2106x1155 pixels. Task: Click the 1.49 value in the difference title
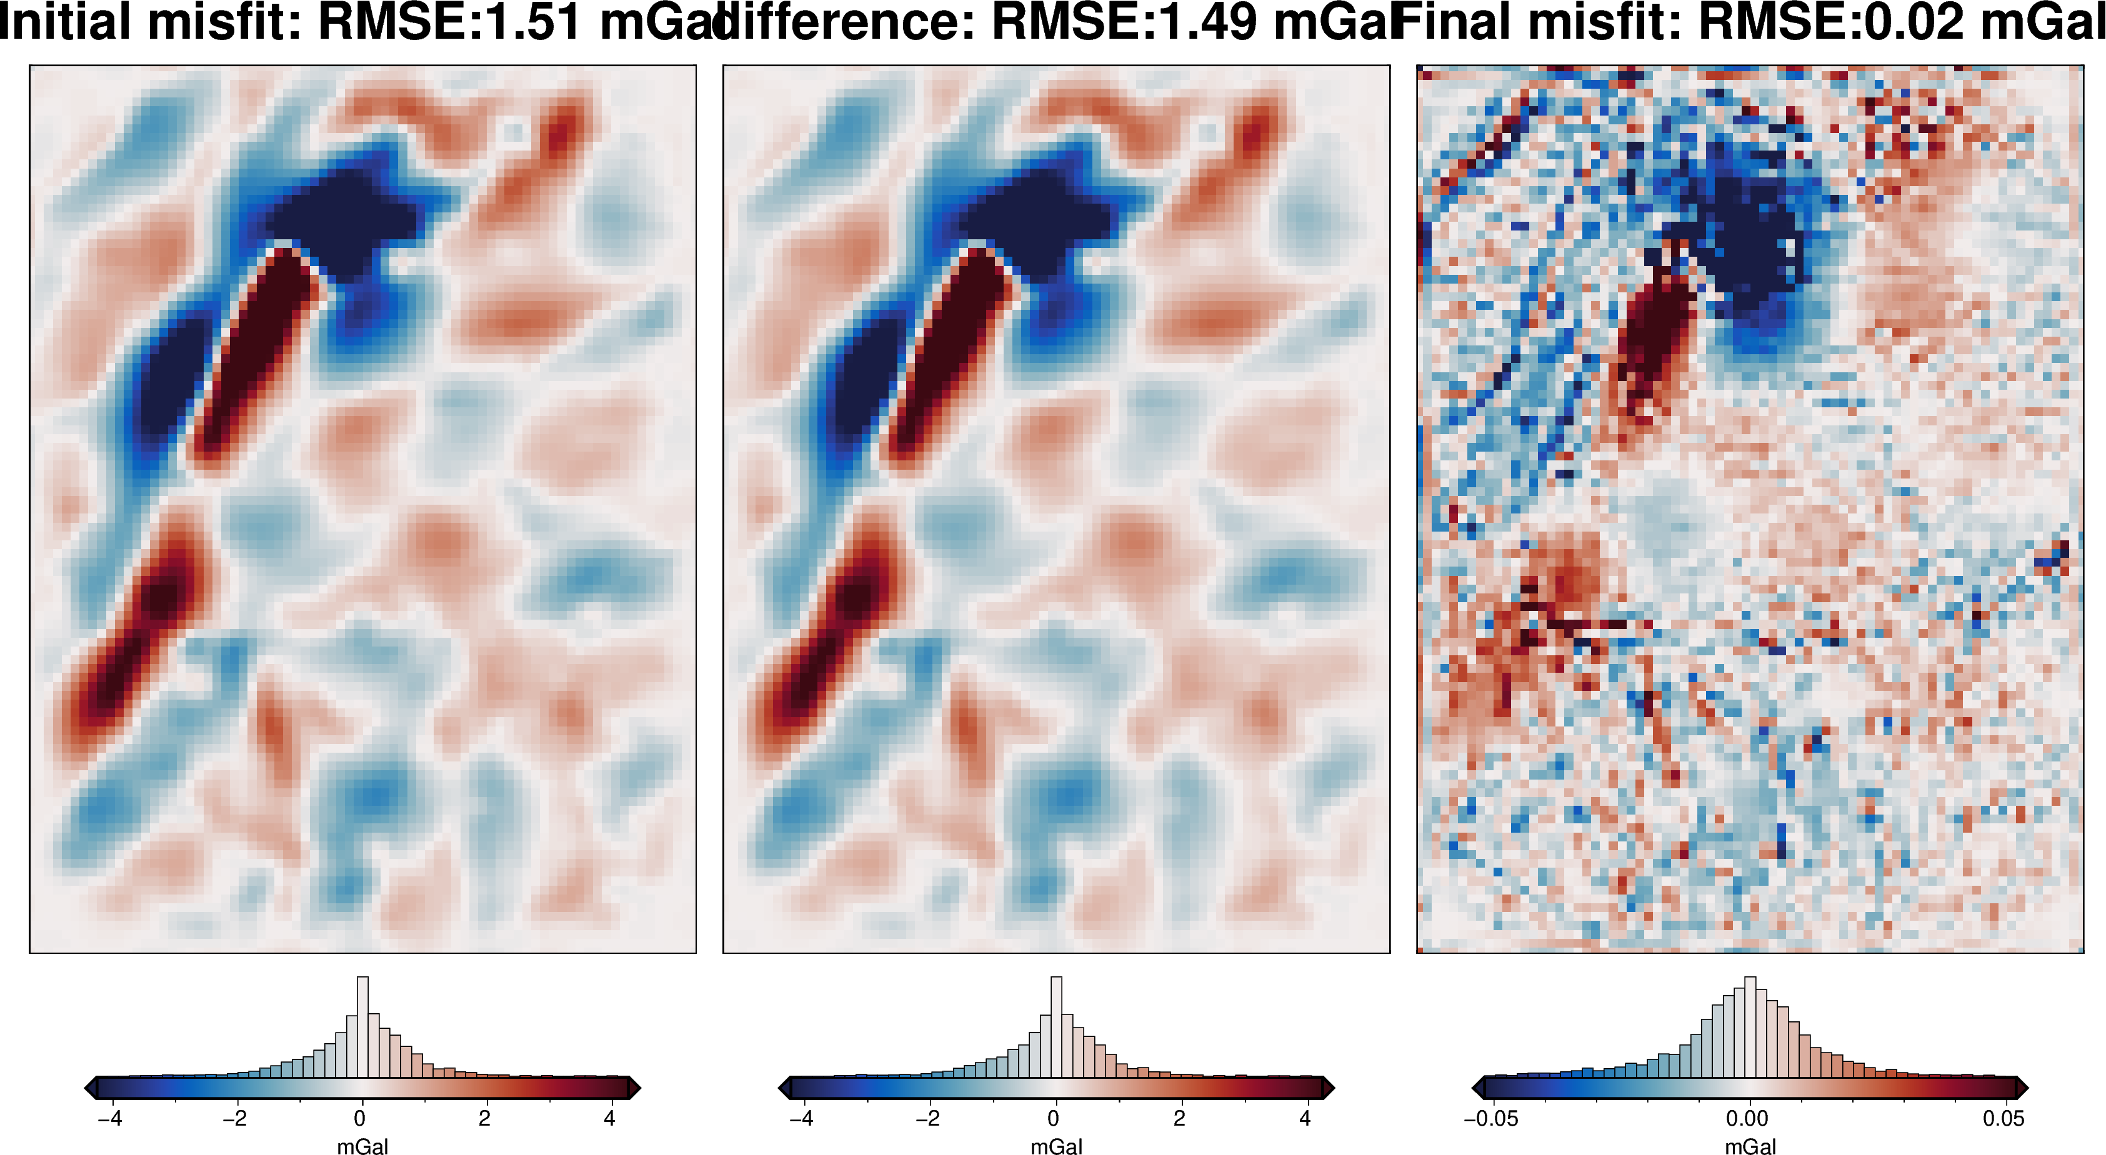click(1207, 21)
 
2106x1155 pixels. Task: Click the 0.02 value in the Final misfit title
click(1913, 21)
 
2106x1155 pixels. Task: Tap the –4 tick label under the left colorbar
click(109, 1118)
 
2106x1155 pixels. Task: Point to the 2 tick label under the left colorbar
click(485, 1118)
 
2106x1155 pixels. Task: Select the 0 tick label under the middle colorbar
click(1054, 1118)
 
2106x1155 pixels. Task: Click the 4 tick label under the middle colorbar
click(1305, 1118)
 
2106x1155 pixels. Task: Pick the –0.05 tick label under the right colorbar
click(1490, 1118)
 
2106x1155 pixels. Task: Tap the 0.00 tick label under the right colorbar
click(1747, 1118)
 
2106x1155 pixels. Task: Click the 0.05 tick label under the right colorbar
click(2004, 1118)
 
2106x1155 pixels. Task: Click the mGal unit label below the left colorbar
click(362, 1146)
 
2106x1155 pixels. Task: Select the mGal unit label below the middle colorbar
click(1056, 1146)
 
